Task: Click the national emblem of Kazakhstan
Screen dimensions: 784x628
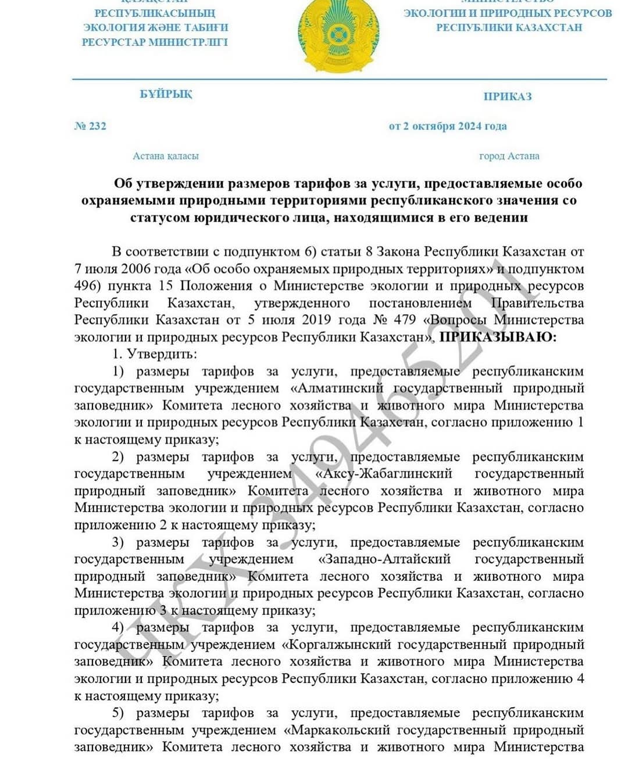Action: click(338, 36)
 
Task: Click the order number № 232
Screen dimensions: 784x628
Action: click(90, 126)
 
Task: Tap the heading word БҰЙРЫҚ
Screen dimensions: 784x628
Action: click(166, 94)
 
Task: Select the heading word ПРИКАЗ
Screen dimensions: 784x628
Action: click(508, 96)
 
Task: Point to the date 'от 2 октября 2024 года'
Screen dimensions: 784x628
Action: click(448, 126)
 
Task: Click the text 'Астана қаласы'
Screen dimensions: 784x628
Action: click(166, 156)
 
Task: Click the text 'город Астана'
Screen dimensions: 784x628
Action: click(509, 156)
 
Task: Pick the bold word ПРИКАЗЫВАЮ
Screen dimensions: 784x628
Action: click(497, 337)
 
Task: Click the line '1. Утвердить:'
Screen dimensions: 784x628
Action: click(155, 354)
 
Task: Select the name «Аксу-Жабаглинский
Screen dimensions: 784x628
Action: click(384, 473)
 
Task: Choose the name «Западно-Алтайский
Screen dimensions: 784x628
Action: click(384, 559)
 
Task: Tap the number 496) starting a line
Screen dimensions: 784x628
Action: click(87, 286)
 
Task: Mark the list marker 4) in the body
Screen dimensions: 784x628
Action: click(118, 627)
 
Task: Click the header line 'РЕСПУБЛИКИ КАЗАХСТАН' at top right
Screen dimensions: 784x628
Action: click(509, 27)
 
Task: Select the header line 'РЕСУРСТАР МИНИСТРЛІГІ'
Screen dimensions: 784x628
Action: click(155, 42)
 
